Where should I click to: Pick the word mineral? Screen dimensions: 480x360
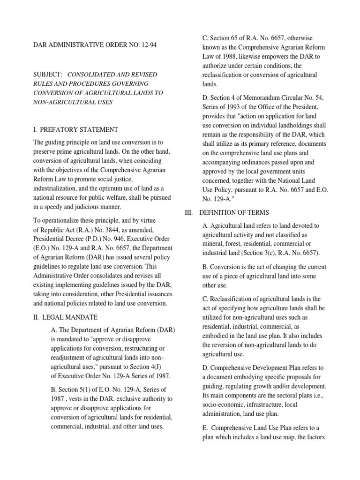[x=214, y=244]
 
